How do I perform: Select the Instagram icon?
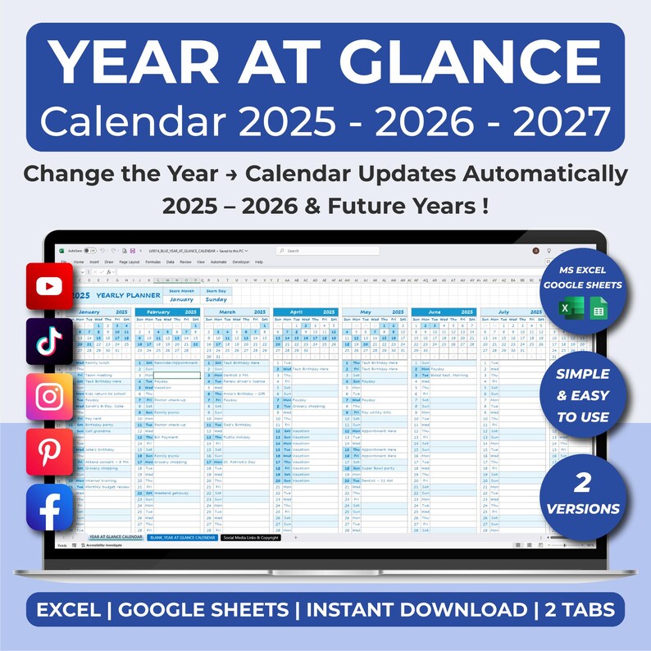(50, 396)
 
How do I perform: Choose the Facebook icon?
(50, 507)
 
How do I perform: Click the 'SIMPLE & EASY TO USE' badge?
(583, 395)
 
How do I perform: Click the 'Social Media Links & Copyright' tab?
(250, 538)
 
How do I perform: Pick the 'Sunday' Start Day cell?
(216, 299)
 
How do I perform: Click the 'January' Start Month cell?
(181, 299)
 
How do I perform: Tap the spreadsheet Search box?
(328, 251)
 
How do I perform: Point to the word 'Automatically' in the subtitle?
(539, 174)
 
